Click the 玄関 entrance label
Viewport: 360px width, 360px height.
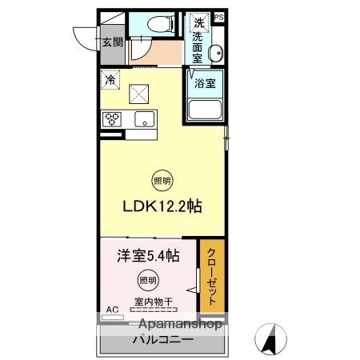click(x=110, y=42)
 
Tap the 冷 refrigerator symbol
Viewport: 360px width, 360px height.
click(x=109, y=79)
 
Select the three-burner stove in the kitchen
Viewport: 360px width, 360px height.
click(x=112, y=120)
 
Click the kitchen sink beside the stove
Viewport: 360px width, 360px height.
click(x=144, y=120)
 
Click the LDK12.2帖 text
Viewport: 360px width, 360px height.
click(x=162, y=206)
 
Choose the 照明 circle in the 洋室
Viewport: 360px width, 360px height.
click(x=145, y=279)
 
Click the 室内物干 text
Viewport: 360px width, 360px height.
click(x=149, y=302)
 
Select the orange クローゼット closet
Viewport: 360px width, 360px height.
click(x=211, y=275)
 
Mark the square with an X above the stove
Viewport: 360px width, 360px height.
click(x=141, y=93)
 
